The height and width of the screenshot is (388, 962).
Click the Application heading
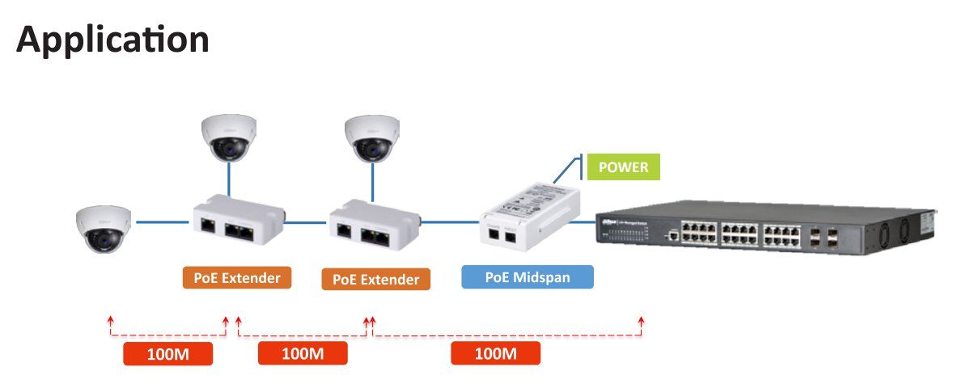point(112,39)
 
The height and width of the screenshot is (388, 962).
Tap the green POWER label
point(623,167)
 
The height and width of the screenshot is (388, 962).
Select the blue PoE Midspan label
point(528,277)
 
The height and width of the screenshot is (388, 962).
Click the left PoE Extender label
point(237,278)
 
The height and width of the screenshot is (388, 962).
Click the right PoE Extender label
point(376,280)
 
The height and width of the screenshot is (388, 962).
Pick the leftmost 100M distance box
point(168,354)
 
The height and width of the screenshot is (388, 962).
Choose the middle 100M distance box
point(303,353)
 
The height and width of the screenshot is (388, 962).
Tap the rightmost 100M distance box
point(495,353)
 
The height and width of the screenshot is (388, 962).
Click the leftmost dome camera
point(104,226)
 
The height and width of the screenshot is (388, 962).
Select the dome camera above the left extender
point(230,137)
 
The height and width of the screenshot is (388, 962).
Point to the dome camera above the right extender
point(371,137)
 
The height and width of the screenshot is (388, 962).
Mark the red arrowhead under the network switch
point(642,321)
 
